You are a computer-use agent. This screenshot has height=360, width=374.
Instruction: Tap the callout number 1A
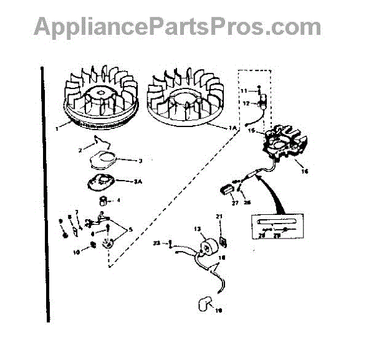pos(232,128)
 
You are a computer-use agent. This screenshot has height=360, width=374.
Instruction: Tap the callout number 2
pos(81,151)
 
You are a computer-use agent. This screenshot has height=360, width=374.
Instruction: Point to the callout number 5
pos(130,229)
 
